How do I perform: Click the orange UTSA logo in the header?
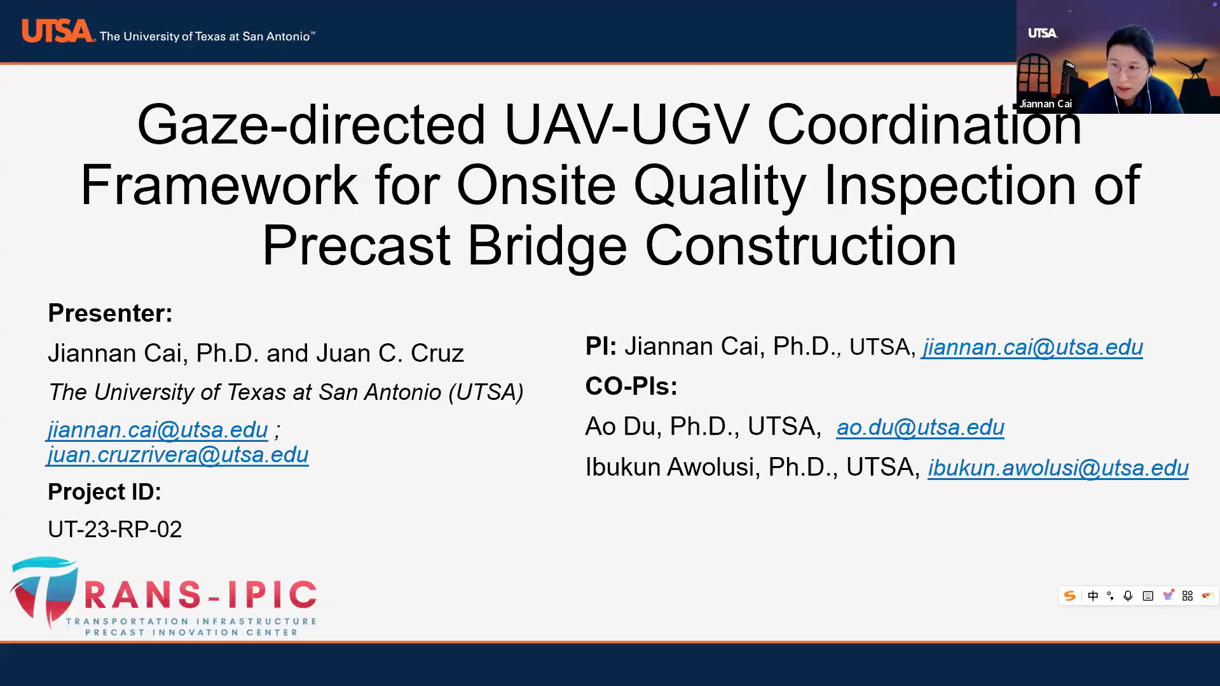[x=57, y=31]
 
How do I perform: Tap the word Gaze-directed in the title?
[x=312, y=125]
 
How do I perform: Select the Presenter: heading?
[x=111, y=313]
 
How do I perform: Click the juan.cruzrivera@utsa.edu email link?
[x=178, y=455]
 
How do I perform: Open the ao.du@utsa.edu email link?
[x=920, y=427]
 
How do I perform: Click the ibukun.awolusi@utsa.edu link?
[x=1058, y=468]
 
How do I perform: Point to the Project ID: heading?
[x=105, y=492]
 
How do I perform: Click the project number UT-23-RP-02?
[x=115, y=529]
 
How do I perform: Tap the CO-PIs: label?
[x=631, y=387]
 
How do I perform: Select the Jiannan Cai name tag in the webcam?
[x=1045, y=104]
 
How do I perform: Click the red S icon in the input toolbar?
[x=1070, y=596]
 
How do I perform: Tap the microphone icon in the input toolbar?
[x=1128, y=596]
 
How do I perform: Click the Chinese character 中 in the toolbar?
[x=1093, y=596]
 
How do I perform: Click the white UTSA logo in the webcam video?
[x=1043, y=33]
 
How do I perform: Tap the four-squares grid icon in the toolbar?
[x=1188, y=596]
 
